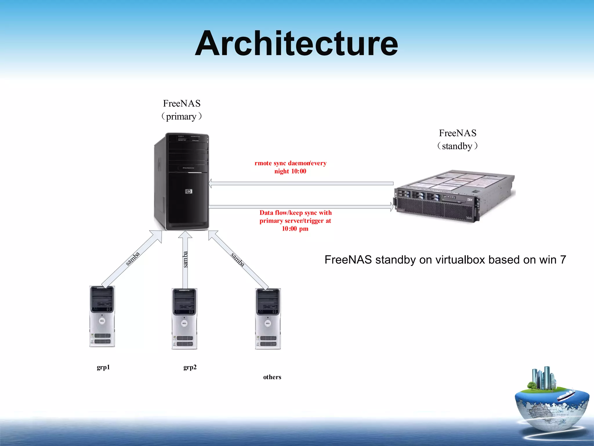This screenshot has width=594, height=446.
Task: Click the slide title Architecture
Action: pos(296,44)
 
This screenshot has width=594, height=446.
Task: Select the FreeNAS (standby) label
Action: pos(457,139)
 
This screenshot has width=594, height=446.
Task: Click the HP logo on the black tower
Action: pos(189,191)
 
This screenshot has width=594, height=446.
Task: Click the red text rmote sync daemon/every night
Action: pos(290,167)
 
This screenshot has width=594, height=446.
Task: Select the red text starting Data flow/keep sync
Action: pos(295,221)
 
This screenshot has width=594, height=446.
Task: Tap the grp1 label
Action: pos(103,367)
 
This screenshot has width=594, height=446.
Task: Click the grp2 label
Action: pos(190,367)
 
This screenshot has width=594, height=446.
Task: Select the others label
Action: pos(272,377)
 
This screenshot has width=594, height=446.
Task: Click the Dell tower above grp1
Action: pos(102,316)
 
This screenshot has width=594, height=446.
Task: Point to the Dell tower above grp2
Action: pos(184,319)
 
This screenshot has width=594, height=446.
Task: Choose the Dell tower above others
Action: pos(268,319)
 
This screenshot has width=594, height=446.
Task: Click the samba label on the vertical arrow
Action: pos(185,259)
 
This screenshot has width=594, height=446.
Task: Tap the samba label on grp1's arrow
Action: pos(133,259)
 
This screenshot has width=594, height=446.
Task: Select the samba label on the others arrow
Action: pos(238,260)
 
